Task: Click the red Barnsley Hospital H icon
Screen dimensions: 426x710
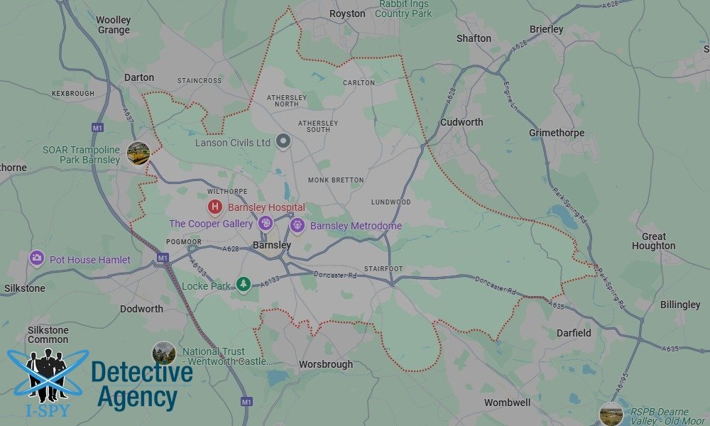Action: tap(214, 207)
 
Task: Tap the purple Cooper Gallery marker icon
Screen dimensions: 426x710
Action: tap(265, 224)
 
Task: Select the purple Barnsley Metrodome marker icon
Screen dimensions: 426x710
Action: tap(297, 226)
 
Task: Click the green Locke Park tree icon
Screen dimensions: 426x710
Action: tap(243, 284)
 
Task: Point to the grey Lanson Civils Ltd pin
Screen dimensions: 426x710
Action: tap(283, 141)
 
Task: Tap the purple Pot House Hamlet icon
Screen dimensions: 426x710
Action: tap(37, 259)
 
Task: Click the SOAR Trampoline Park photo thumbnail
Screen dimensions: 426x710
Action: tap(138, 153)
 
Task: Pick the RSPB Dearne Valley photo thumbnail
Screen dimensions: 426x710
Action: tap(611, 413)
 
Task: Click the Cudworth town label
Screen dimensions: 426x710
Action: tap(461, 122)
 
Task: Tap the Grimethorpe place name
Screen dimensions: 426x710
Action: tap(557, 133)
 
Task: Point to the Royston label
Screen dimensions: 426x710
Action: tap(348, 13)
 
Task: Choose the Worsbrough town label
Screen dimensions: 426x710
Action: tap(326, 364)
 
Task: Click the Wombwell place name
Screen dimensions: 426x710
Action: tap(507, 403)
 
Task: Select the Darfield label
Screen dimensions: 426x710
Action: tap(573, 332)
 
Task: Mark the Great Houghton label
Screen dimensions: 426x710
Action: tap(653, 241)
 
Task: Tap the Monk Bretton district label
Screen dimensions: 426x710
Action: tap(336, 180)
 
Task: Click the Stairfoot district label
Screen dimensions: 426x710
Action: tap(383, 269)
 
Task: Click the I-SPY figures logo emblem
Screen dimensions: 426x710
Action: tap(48, 374)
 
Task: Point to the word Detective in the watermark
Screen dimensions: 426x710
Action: tap(142, 373)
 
